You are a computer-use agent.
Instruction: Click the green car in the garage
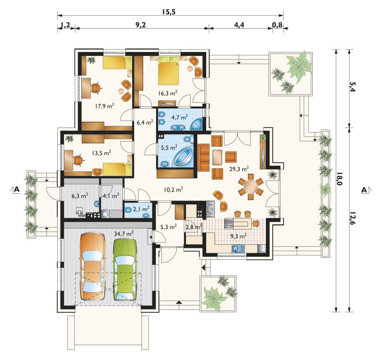click(125, 269)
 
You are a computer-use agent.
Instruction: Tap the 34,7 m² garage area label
click(124, 234)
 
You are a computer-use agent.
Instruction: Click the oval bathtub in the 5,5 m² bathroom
click(183, 157)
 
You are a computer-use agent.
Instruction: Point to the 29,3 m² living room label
click(239, 169)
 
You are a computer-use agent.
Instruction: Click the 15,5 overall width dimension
click(169, 11)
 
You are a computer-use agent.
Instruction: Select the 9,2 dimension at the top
click(140, 25)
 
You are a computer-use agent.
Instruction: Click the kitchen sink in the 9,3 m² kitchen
click(238, 249)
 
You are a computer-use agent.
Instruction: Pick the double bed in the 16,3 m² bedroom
click(169, 71)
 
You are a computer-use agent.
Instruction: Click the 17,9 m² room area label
click(105, 106)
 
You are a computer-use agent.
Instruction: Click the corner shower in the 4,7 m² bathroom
click(197, 124)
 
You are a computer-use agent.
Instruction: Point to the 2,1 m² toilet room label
click(141, 209)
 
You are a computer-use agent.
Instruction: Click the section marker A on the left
click(17, 189)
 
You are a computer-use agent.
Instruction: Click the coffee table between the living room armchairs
click(217, 157)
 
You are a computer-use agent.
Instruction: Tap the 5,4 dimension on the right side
click(353, 86)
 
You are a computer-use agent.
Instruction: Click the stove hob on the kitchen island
click(229, 223)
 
